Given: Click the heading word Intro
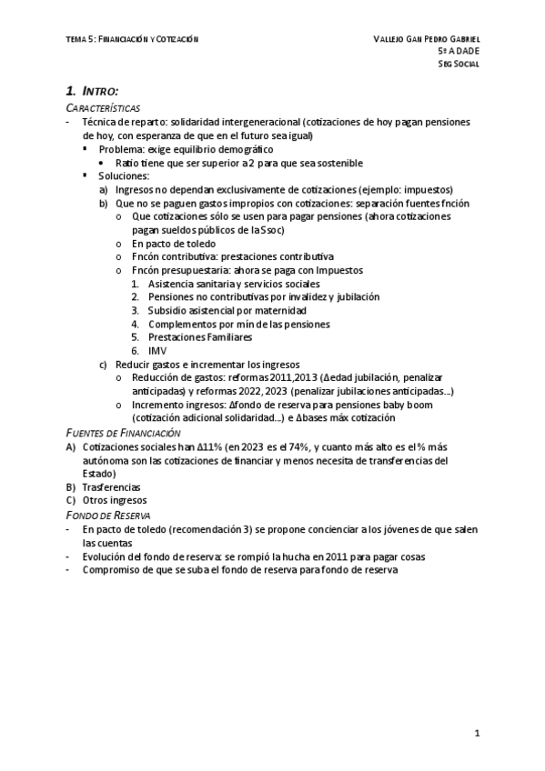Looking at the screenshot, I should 100,91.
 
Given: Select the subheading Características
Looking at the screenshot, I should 102,107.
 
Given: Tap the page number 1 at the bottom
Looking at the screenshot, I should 477,732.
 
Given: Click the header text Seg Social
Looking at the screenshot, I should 459,65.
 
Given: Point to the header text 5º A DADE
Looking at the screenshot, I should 459,52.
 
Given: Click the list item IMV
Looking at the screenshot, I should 156,350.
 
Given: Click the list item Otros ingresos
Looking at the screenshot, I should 115,500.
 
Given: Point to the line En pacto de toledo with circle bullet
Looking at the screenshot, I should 174,244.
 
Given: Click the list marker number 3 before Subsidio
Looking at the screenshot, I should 135,310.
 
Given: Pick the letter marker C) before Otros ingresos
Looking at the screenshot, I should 71,500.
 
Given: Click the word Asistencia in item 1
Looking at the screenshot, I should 170,284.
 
